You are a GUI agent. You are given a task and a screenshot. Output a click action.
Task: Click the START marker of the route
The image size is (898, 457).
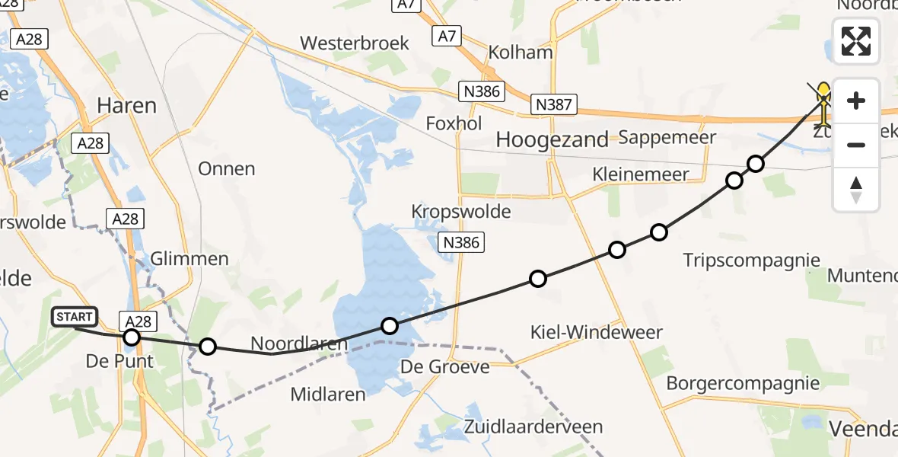pos(75,317)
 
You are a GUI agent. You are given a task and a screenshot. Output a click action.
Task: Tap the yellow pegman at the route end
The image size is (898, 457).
pos(823,102)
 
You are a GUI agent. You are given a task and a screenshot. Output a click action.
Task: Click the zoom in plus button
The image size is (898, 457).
pos(856,101)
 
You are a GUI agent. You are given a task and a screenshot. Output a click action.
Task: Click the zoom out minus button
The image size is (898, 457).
pos(856,145)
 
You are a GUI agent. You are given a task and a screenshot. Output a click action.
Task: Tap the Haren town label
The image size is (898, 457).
pos(126,105)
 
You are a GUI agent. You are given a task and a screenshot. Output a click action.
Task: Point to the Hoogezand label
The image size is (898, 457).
pos(552,139)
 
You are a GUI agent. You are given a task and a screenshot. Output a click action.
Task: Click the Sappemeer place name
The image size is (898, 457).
pos(667,137)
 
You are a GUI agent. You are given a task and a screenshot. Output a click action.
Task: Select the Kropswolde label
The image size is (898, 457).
pos(460,211)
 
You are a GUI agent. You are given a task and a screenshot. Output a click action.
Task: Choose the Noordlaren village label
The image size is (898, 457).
pos(299,344)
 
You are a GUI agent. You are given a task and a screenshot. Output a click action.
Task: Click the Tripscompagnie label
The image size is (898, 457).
pos(751,260)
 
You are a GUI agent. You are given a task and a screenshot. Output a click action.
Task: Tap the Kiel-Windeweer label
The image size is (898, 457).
pos(597,332)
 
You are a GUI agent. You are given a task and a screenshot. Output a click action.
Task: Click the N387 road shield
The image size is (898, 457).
pos(553,104)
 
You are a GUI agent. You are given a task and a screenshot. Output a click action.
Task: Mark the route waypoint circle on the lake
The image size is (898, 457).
pos(390,326)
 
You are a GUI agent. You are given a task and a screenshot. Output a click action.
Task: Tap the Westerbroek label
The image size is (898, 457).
pos(355,43)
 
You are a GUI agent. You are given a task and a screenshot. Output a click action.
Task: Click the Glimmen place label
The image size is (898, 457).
pos(189,259)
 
